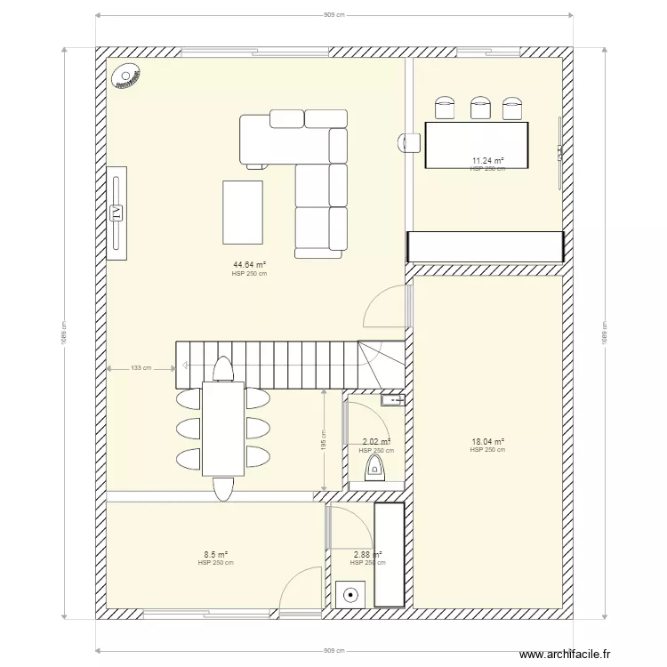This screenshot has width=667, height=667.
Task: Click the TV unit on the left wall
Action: click(x=117, y=213)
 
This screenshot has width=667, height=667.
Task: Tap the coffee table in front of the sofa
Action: click(x=243, y=212)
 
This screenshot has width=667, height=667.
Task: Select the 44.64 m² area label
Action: click(x=250, y=265)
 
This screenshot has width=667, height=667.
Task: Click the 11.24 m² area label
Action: click(x=487, y=161)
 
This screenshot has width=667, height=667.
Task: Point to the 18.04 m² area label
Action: click(x=487, y=441)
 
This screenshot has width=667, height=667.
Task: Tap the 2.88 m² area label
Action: click(x=367, y=554)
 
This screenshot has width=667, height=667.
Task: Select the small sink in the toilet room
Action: click(x=391, y=401)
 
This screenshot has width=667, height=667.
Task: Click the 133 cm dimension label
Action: click(x=140, y=367)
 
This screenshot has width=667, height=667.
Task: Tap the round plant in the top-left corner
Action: click(x=125, y=77)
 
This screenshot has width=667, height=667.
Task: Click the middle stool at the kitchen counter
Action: click(x=482, y=108)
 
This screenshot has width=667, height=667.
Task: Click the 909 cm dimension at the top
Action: click(x=333, y=15)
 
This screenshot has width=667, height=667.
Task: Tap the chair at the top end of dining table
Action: click(x=221, y=368)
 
